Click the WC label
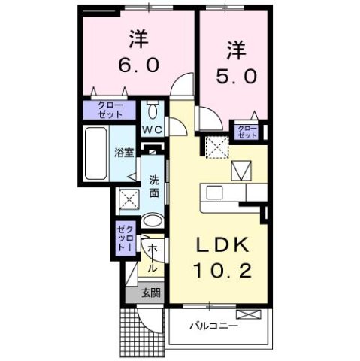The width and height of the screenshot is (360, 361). click(x=153, y=129)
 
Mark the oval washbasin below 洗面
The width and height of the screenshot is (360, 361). click(x=152, y=221)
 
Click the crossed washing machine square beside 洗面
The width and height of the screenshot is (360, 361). click(x=127, y=199)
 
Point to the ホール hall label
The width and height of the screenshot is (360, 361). click(x=152, y=258)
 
